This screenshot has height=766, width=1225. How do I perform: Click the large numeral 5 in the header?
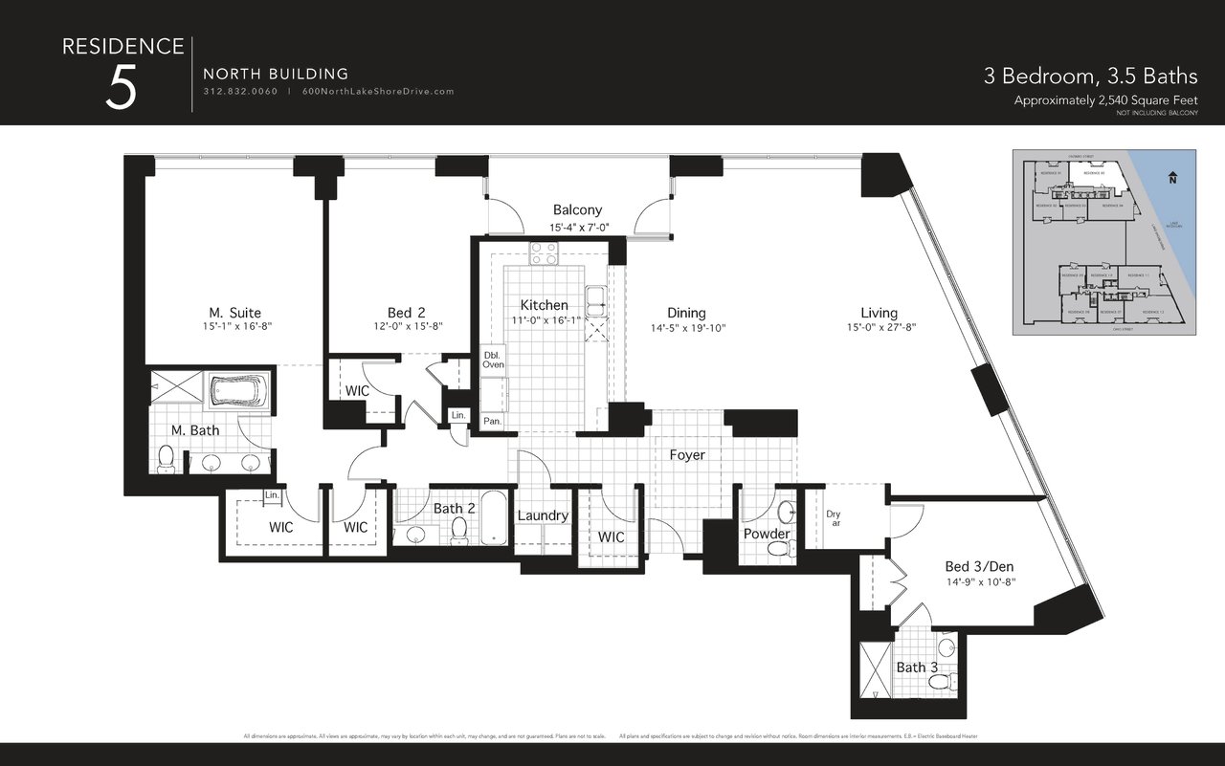click(122, 88)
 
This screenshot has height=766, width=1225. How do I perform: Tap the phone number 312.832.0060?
click(240, 92)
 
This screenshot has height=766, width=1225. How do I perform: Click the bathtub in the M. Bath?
click(238, 392)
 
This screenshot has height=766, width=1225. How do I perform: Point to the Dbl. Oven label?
click(493, 359)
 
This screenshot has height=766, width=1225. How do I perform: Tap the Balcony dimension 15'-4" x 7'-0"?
click(579, 228)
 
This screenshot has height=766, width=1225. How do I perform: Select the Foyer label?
click(687, 455)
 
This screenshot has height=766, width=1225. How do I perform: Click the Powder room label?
click(767, 534)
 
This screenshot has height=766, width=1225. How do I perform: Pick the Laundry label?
click(543, 515)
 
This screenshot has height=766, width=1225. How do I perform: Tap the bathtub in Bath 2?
click(495, 517)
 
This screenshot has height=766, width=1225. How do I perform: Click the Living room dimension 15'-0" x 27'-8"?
click(879, 327)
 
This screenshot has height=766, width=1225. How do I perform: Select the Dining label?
click(686, 313)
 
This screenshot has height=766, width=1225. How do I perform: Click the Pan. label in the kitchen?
click(493, 421)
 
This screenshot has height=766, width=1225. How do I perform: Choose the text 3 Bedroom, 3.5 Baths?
click(1091, 76)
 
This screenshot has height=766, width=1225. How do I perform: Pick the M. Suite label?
click(234, 313)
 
